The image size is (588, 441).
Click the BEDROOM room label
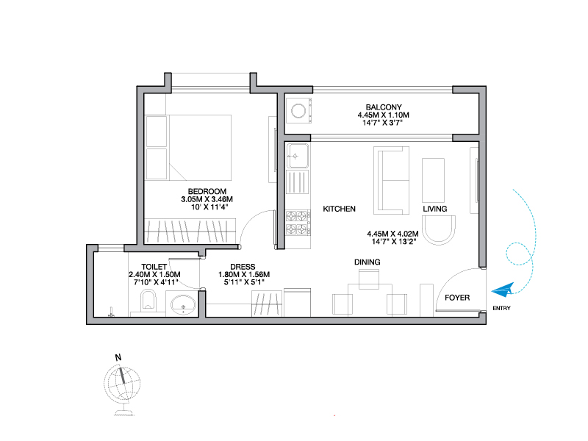point(207,191)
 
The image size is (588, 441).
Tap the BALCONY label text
point(384,107)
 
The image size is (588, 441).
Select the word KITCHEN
point(339,209)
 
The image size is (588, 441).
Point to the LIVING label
point(435,209)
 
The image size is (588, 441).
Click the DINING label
point(367,262)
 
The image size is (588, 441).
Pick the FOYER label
point(457,298)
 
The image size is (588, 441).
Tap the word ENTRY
point(501,308)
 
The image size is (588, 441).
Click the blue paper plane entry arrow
point(503,290)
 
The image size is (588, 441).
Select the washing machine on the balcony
point(299,111)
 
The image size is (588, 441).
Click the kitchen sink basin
point(298,156)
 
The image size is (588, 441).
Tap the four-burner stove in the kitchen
point(298,223)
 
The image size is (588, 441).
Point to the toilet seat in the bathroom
point(148,300)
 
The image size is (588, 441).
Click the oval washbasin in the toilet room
point(183,304)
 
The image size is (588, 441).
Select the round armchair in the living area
point(439,230)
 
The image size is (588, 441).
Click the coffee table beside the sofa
point(433,180)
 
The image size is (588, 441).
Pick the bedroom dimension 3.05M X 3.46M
point(207,199)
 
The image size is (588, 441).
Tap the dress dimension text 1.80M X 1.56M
point(244,274)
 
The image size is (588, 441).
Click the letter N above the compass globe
point(118,357)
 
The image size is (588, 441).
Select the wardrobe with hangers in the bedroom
point(190,231)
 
